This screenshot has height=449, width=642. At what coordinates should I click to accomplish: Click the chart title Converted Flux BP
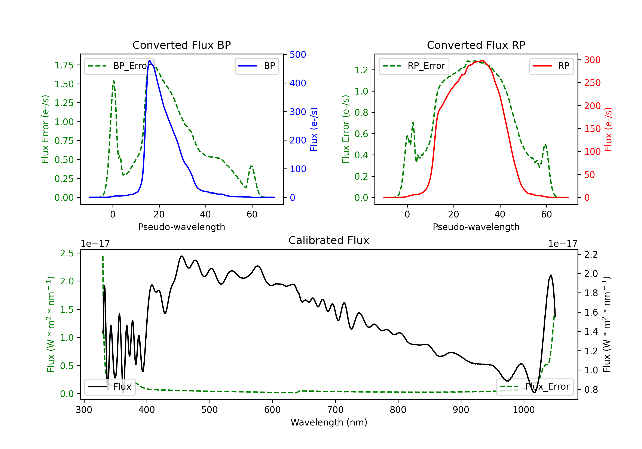click(x=181, y=45)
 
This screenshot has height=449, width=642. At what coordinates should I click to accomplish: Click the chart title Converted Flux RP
click(x=476, y=45)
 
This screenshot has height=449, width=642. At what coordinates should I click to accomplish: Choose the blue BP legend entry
click(x=257, y=66)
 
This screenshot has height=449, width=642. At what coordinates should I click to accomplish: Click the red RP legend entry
click(x=551, y=66)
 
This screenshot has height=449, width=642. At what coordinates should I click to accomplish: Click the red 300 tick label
click(x=592, y=60)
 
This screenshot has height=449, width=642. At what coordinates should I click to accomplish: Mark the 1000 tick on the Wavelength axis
click(x=523, y=410)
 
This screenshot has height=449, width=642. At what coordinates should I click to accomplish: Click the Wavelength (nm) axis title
click(x=329, y=422)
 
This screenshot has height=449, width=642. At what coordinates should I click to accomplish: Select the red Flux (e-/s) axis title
click(x=608, y=129)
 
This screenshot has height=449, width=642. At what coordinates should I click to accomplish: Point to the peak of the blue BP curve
click(x=150, y=61)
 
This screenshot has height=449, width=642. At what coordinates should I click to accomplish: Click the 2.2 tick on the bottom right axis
click(x=591, y=254)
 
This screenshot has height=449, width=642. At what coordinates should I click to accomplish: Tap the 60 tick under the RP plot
click(x=546, y=214)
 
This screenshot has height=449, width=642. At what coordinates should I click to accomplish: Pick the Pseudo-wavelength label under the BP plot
click(x=181, y=227)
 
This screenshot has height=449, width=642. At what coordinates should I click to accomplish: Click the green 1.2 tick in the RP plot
click(x=361, y=70)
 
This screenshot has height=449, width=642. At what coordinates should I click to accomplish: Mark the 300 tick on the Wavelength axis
click(x=84, y=410)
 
